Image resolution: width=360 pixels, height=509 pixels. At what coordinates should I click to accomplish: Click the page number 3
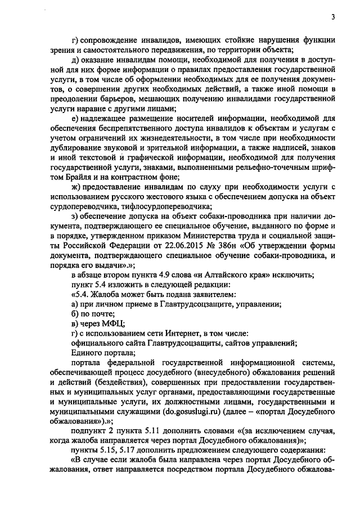click(333, 16)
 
